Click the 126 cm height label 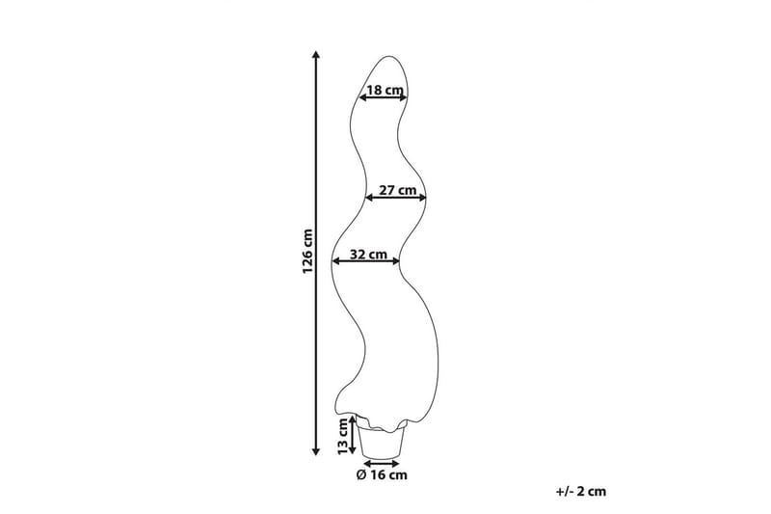coord(307,252)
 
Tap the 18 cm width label coord(385,90)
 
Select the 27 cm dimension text coord(398,190)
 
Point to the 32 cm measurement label coord(369,255)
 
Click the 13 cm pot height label coord(343,437)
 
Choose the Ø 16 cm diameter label coord(382,475)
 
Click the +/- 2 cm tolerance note coord(581,492)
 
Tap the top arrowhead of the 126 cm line coord(317,54)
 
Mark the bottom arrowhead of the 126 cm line coord(317,451)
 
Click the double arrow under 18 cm coord(383,97)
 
